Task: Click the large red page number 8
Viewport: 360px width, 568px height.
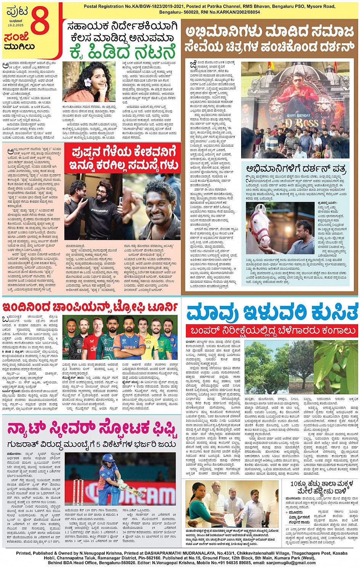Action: click(40, 23)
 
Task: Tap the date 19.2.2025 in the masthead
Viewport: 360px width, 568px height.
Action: click(16, 25)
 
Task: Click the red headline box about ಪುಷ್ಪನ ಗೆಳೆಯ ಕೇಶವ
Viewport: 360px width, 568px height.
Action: click(123, 158)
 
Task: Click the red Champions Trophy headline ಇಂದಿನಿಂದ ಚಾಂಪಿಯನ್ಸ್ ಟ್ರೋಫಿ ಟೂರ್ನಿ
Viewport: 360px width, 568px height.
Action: click(90, 307)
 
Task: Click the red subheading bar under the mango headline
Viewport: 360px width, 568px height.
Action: click(271, 331)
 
